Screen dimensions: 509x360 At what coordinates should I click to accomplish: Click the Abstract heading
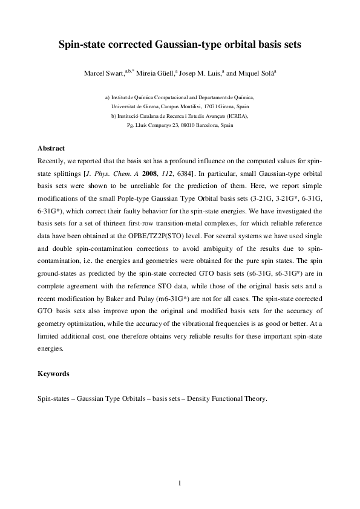51,148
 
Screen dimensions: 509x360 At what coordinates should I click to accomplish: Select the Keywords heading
53,374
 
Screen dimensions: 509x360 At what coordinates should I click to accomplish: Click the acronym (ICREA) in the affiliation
236,115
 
